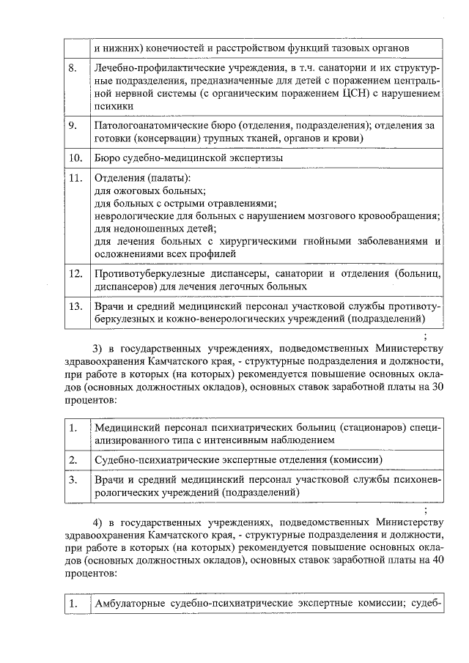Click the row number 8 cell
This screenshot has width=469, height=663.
(73, 68)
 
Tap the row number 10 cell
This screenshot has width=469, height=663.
(74, 158)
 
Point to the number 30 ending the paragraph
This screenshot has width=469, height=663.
(437, 386)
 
